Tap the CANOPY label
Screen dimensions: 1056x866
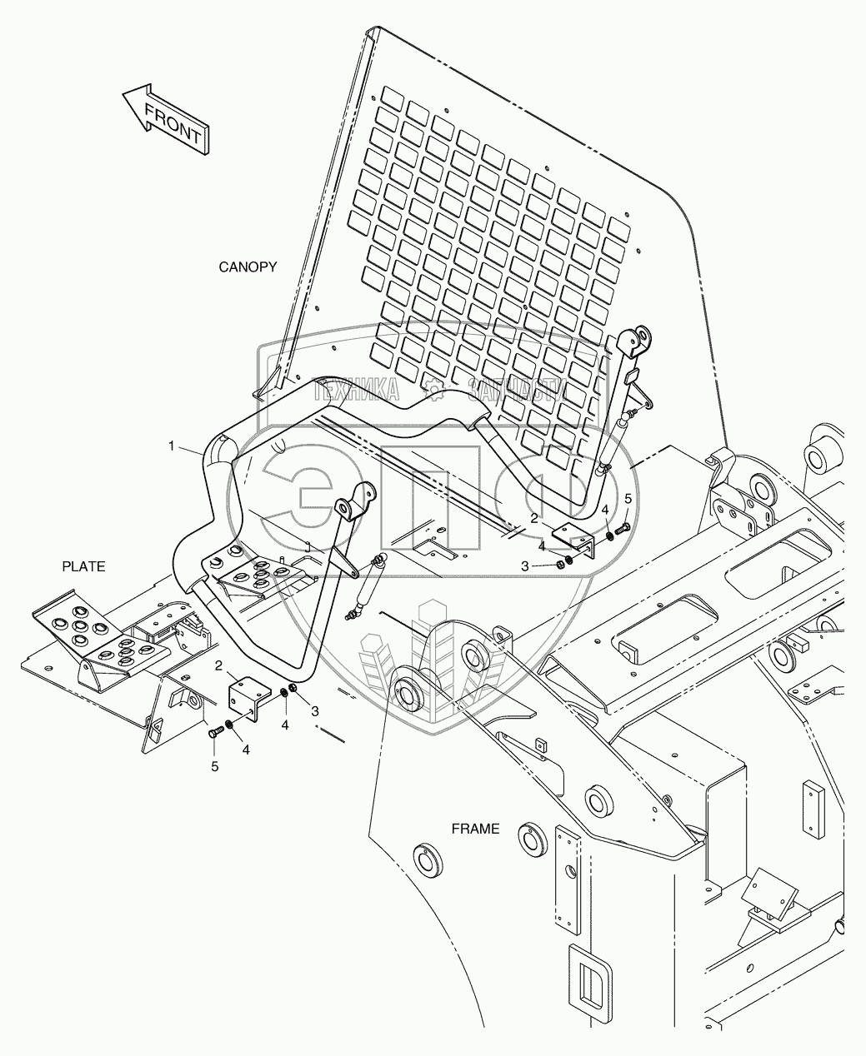click(248, 266)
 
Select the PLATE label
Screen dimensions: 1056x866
click(83, 566)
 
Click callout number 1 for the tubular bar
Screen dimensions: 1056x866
click(173, 446)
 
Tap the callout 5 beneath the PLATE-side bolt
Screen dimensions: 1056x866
click(214, 766)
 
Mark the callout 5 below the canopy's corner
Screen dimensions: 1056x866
click(628, 498)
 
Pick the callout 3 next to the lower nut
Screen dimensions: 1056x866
click(315, 710)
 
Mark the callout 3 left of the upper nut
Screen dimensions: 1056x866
click(525, 565)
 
